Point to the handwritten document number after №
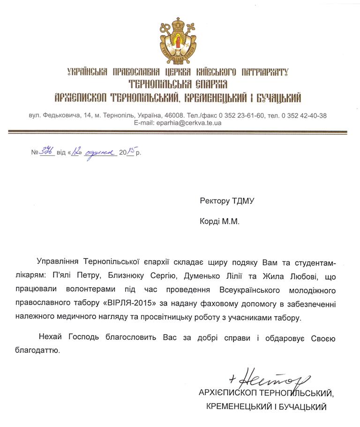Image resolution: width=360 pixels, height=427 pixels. tap(46, 152)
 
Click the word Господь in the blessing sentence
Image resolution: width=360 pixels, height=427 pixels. tap(87, 338)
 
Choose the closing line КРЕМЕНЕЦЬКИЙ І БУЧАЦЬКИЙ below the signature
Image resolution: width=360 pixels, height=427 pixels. tap(266, 407)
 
